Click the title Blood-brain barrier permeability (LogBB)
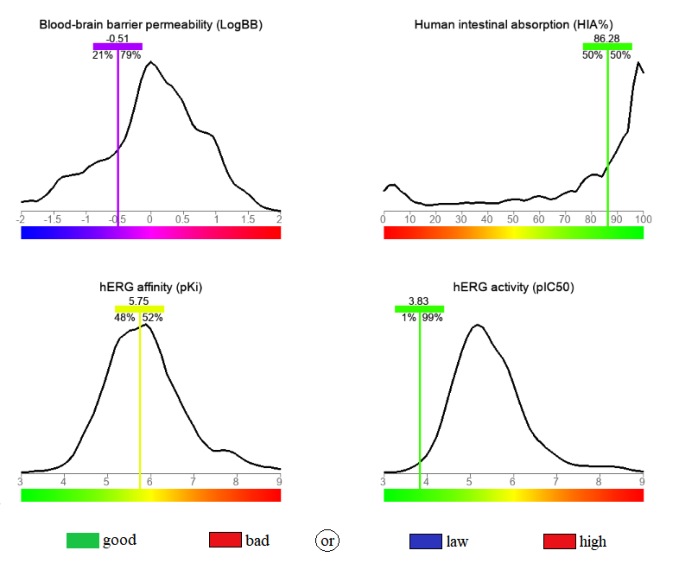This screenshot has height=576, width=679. tap(151, 25)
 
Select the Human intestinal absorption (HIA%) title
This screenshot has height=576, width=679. tap(513, 25)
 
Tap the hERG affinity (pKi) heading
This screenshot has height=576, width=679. tap(151, 287)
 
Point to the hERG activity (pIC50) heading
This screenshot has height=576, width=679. tap(513, 287)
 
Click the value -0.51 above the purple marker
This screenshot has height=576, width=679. tap(117, 38)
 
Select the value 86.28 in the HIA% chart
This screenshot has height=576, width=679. tap(607, 38)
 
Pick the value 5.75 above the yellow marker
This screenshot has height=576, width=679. tap(139, 301)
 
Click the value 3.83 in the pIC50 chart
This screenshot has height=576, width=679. tap(418, 301)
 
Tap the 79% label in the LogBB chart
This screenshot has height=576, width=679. tap(130, 55)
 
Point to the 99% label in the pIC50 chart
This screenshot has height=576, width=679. tap(432, 317)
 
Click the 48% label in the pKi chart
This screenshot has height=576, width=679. tap(124, 317)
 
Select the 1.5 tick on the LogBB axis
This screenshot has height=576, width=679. tap(248, 219)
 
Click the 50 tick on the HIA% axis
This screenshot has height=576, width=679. tap(513, 219)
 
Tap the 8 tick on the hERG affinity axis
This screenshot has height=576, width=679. tap(236, 481)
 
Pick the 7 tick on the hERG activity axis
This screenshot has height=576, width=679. tap(555, 481)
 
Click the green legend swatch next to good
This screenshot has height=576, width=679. tap(83, 540)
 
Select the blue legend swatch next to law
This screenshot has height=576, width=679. tap(425, 541)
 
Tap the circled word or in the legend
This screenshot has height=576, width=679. tap(327, 541)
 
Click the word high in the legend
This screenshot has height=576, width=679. tap(593, 541)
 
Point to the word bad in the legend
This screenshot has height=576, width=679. tap(257, 541)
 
